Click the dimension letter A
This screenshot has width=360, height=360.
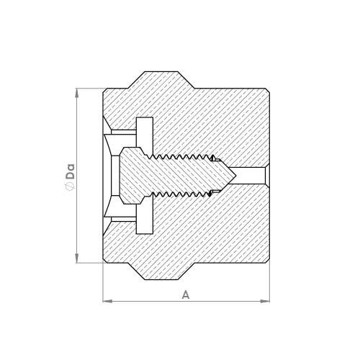(186, 294)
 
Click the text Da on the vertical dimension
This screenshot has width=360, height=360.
(70, 172)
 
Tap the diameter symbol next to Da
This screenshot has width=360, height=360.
(70, 187)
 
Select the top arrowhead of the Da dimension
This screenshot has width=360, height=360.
(77, 92)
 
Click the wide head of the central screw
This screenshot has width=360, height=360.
(133, 176)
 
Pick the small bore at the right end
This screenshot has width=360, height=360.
(252, 176)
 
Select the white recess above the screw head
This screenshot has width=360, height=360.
(144, 127)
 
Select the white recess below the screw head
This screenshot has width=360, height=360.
(144, 225)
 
